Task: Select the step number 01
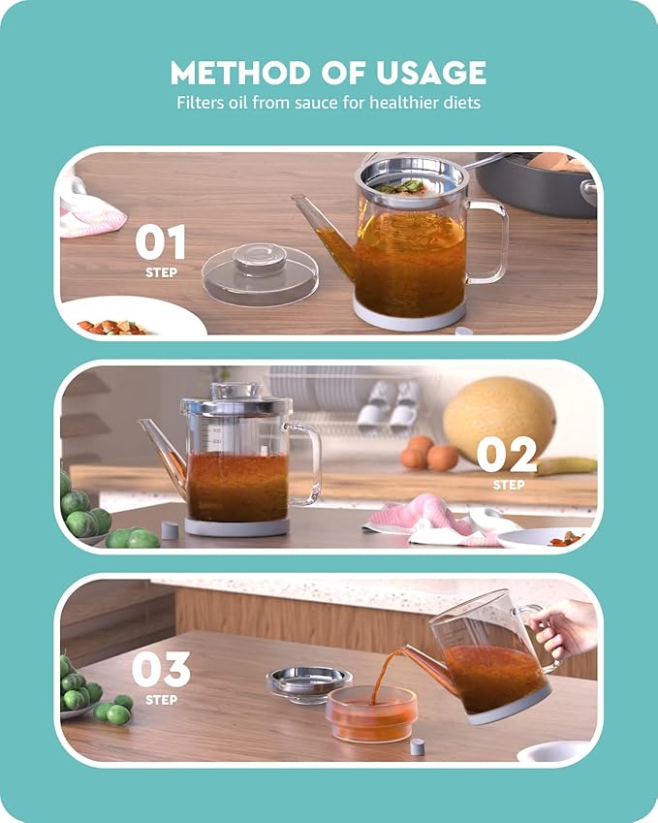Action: [x=160, y=242]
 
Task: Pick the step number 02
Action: [x=507, y=455]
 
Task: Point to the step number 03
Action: [x=161, y=669]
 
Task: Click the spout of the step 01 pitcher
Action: [x=321, y=234]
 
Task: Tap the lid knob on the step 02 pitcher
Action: [x=236, y=391]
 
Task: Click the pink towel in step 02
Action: [x=430, y=520]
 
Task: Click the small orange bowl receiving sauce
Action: [x=371, y=713]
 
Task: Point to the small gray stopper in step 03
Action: [x=417, y=746]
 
